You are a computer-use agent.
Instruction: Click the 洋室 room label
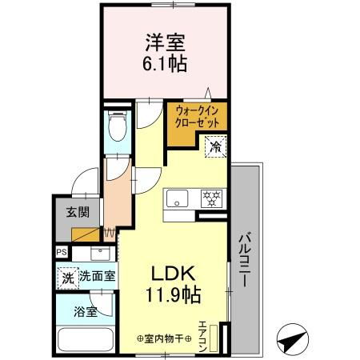tap(166, 42)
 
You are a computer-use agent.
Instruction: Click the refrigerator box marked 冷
tap(214, 146)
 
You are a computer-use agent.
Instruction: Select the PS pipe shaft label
tap(62, 252)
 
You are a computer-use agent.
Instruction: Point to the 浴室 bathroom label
tap(86, 310)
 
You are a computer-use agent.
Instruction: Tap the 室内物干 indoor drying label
tap(164, 338)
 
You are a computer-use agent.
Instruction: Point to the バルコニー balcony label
tap(245, 260)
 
